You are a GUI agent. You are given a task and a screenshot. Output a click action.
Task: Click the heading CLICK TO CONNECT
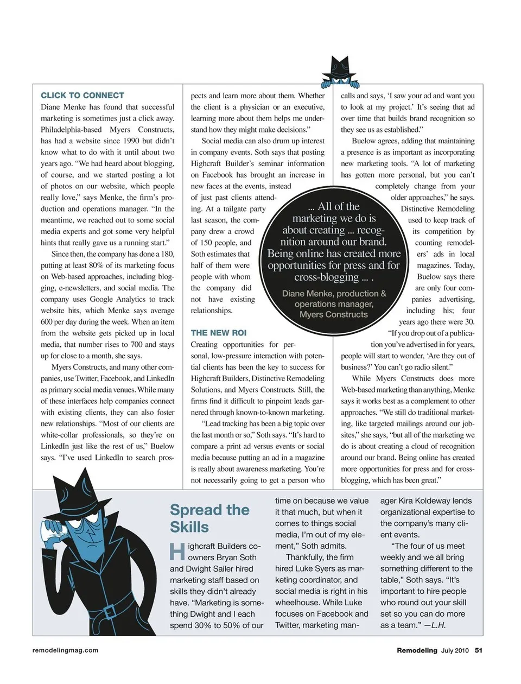(x=82, y=95)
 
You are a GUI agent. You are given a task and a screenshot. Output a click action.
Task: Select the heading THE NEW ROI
(x=218, y=333)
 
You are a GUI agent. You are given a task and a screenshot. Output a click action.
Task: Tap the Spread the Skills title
(x=209, y=518)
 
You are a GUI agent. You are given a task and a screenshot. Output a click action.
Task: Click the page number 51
(x=479, y=650)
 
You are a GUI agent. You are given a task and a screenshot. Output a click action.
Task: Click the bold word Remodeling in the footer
(x=417, y=650)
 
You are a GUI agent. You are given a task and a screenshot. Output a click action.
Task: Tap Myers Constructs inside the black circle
(x=333, y=314)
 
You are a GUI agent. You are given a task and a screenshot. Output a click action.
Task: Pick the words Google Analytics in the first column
(x=117, y=299)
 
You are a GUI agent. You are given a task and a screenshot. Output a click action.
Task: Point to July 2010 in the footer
(x=455, y=650)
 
